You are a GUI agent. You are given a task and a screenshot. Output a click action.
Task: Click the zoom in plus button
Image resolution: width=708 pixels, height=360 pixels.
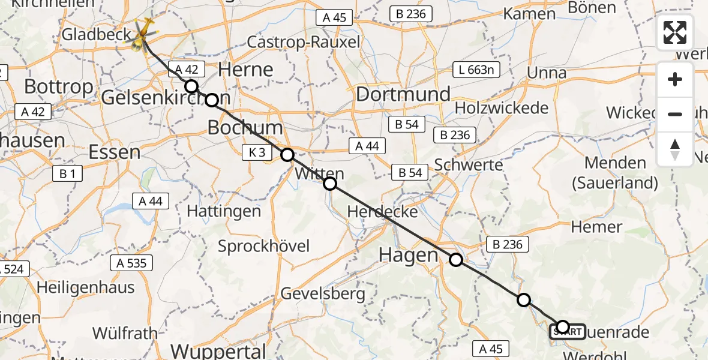[675, 80]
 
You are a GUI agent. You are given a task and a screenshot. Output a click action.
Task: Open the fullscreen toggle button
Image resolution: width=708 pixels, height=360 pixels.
[675, 32]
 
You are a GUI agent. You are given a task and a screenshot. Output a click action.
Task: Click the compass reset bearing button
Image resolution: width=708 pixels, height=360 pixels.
[675, 149]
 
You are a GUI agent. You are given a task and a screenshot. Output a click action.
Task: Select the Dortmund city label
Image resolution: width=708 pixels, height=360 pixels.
[403, 94]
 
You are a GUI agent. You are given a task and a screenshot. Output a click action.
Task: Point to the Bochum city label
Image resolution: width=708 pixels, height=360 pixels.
[245, 127]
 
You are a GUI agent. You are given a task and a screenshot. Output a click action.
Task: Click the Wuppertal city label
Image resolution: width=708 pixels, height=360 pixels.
[219, 350]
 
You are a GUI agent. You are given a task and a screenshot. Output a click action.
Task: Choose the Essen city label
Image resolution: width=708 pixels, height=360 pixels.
[114, 152]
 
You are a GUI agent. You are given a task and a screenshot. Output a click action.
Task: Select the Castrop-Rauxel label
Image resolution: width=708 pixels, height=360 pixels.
[304, 42]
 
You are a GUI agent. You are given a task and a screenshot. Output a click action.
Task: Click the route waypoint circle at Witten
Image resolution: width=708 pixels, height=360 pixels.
[330, 183]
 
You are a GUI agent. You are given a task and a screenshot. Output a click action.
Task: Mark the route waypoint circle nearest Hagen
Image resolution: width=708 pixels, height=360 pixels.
[456, 260]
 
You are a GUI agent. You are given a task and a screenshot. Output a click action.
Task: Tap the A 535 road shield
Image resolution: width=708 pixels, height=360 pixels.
[131, 262]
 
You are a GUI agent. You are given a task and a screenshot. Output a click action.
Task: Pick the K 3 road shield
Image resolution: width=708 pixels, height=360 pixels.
[256, 152]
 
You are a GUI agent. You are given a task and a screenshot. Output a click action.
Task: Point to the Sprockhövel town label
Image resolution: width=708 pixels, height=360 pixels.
[264, 246]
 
